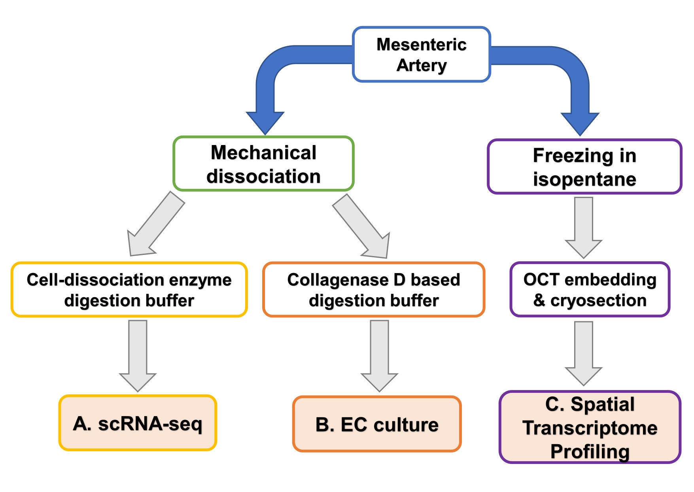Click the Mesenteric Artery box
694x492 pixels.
coord(422,55)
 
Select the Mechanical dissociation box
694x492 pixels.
coord(263,164)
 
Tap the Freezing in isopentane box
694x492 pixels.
coord(584,167)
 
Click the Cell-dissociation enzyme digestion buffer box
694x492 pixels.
coord(129,290)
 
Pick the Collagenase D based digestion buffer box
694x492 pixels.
coord(374,290)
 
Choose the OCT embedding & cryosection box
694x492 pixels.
coord(590,290)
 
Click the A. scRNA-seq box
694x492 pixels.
coord(138,423)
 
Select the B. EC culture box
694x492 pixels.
coord(377,424)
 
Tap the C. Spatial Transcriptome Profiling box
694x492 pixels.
coord(590,427)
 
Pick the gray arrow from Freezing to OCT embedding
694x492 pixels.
coord(584,227)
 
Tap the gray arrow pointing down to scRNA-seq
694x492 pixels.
coord(138,356)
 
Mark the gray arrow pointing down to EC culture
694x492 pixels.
coord(380,356)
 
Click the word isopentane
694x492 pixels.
coord(584,179)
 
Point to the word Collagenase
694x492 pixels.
coord(334,280)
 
